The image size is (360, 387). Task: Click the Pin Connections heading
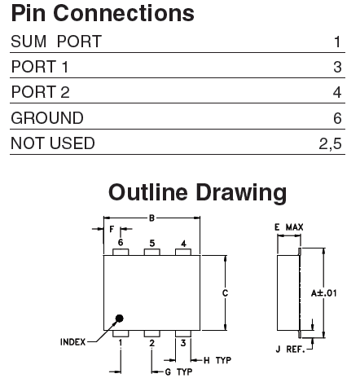tap(103, 13)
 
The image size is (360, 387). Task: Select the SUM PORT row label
tap(56, 42)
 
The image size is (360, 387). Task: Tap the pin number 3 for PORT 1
tap(337, 67)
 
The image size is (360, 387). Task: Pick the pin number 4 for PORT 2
tap(337, 92)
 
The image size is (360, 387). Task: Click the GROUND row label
tap(47, 118)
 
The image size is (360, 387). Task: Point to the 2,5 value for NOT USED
tap(330, 143)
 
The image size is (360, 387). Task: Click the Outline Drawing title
tap(197, 192)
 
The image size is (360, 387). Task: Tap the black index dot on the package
tap(120, 319)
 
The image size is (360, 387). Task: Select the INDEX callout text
tap(72, 342)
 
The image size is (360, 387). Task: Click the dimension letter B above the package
tap(151, 218)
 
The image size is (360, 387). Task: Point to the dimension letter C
tap(225, 293)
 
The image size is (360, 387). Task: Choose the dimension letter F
tap(112, 230)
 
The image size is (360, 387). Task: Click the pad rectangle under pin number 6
tap(121, 252)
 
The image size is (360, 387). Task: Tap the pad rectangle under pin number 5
tap(151, 252)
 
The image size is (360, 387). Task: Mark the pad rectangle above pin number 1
tap(121, 333)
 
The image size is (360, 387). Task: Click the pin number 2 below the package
tap(151, 343)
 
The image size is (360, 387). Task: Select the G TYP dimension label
tap(178, 372)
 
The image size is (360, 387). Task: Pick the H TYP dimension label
tap(217, 360)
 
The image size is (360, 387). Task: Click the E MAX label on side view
tap(289, 227)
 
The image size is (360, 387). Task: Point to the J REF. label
tap(290, 350)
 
